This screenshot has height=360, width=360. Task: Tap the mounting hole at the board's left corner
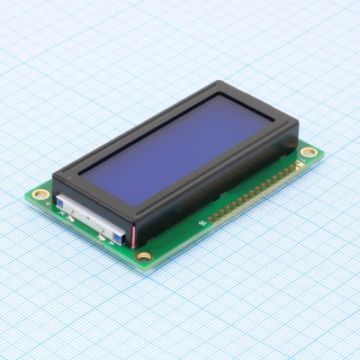pyautogui.click(x=38, y=193)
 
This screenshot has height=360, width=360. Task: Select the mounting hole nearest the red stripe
pyautogui.click(x=143, y=257)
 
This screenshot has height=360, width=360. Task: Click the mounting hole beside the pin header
pyautogui.click(x=309, y=151)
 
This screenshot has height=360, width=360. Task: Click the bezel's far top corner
pyautogui.click(x=221, y=85)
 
